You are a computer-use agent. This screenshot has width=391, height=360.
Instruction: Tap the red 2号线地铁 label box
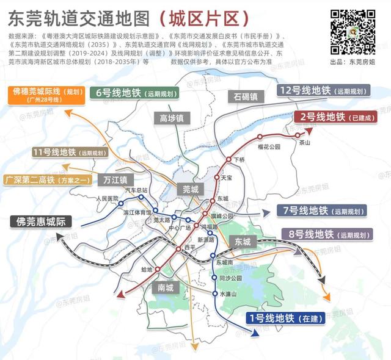tap(335, 117)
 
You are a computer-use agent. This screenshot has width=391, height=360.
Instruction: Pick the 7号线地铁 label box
tap(322, 211)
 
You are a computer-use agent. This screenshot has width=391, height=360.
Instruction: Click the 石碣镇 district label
tap(246, 96)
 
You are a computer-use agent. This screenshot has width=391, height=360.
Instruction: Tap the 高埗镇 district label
tap(172, 118)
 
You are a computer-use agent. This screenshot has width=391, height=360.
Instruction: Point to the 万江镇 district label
tap(115, 180)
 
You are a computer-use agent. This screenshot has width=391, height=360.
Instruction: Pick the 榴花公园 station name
tap(269, 147)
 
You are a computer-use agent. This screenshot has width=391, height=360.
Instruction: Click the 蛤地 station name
tap(146, 268)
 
